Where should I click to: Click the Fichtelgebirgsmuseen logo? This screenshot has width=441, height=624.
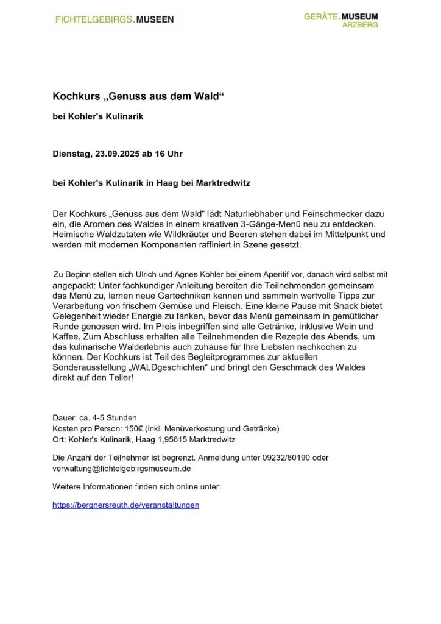pos(115,19)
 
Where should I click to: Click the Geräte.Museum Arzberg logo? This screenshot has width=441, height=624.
pos(341,20)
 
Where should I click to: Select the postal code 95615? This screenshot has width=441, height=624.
pos(181,439)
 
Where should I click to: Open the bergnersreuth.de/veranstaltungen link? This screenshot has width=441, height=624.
pos(126,505)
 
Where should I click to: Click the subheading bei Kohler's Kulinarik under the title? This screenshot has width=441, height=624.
pos(98,116)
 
